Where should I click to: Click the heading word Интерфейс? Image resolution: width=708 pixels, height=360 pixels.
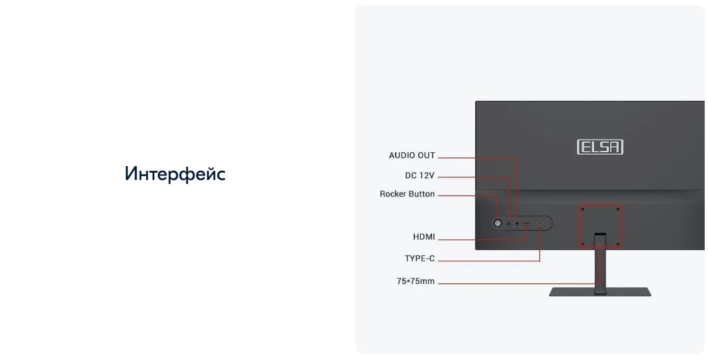[x=175, y=174]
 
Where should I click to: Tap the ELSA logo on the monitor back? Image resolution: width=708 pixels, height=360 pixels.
[x=600, y=147]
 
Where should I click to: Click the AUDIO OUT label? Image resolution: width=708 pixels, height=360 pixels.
[x=412, y=156]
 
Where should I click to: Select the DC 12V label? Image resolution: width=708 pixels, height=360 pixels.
[x=420, y=175]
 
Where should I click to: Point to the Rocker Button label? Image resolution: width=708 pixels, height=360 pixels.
[x=407, y=194]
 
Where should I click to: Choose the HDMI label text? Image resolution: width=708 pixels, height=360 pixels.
[x=424, y=237]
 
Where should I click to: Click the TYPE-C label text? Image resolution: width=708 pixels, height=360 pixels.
[x=420, y=259]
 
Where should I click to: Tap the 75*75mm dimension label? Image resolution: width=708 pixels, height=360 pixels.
[x=416, y=281]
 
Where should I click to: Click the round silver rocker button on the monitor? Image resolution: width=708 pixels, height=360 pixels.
[x=498, y=224]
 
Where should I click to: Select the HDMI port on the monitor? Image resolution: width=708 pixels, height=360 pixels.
[x=527, y=224]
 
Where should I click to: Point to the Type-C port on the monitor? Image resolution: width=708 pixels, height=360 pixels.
[x=541, y=224]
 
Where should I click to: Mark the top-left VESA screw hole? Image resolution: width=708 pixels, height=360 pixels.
[x=582, y=209]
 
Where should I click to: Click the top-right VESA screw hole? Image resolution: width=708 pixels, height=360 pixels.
[x=617, y=209]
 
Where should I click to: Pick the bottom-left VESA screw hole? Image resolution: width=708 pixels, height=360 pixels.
[x=582, y=244]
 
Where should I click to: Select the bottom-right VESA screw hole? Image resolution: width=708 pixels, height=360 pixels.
[x=617, y=244]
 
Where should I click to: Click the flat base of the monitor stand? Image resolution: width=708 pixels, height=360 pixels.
[x=599, y=292]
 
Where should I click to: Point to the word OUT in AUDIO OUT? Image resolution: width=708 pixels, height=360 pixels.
[x=426, y=156]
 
